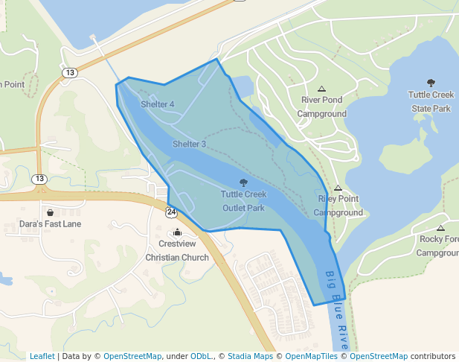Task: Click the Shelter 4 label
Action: (157, 104)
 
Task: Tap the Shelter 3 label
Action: (189, 144)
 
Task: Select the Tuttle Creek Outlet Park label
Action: (243, 201)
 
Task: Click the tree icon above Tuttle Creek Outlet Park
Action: (243, 182)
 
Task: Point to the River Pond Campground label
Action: (322, 107)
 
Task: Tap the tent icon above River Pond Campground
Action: (321, 89)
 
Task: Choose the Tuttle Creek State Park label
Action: (431, 101)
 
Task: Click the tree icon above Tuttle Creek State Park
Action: (431, 83)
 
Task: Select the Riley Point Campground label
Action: (338, 206)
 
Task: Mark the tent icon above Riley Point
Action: (338, 188)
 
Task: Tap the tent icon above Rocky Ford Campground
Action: (441, 228)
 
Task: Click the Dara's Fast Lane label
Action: (51, 223)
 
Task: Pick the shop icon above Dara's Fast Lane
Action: (50, 212)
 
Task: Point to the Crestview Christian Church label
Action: (177, 250)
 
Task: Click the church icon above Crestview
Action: (177, 232)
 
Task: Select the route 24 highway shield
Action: (172, 212)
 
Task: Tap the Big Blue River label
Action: (336, 309)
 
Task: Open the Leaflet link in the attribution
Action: (42, 356)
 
